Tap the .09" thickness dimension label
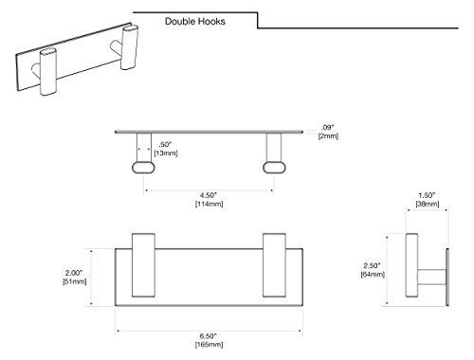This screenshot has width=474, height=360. [x=328, y=126]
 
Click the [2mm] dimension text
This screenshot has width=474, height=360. [x=328, y=136]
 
